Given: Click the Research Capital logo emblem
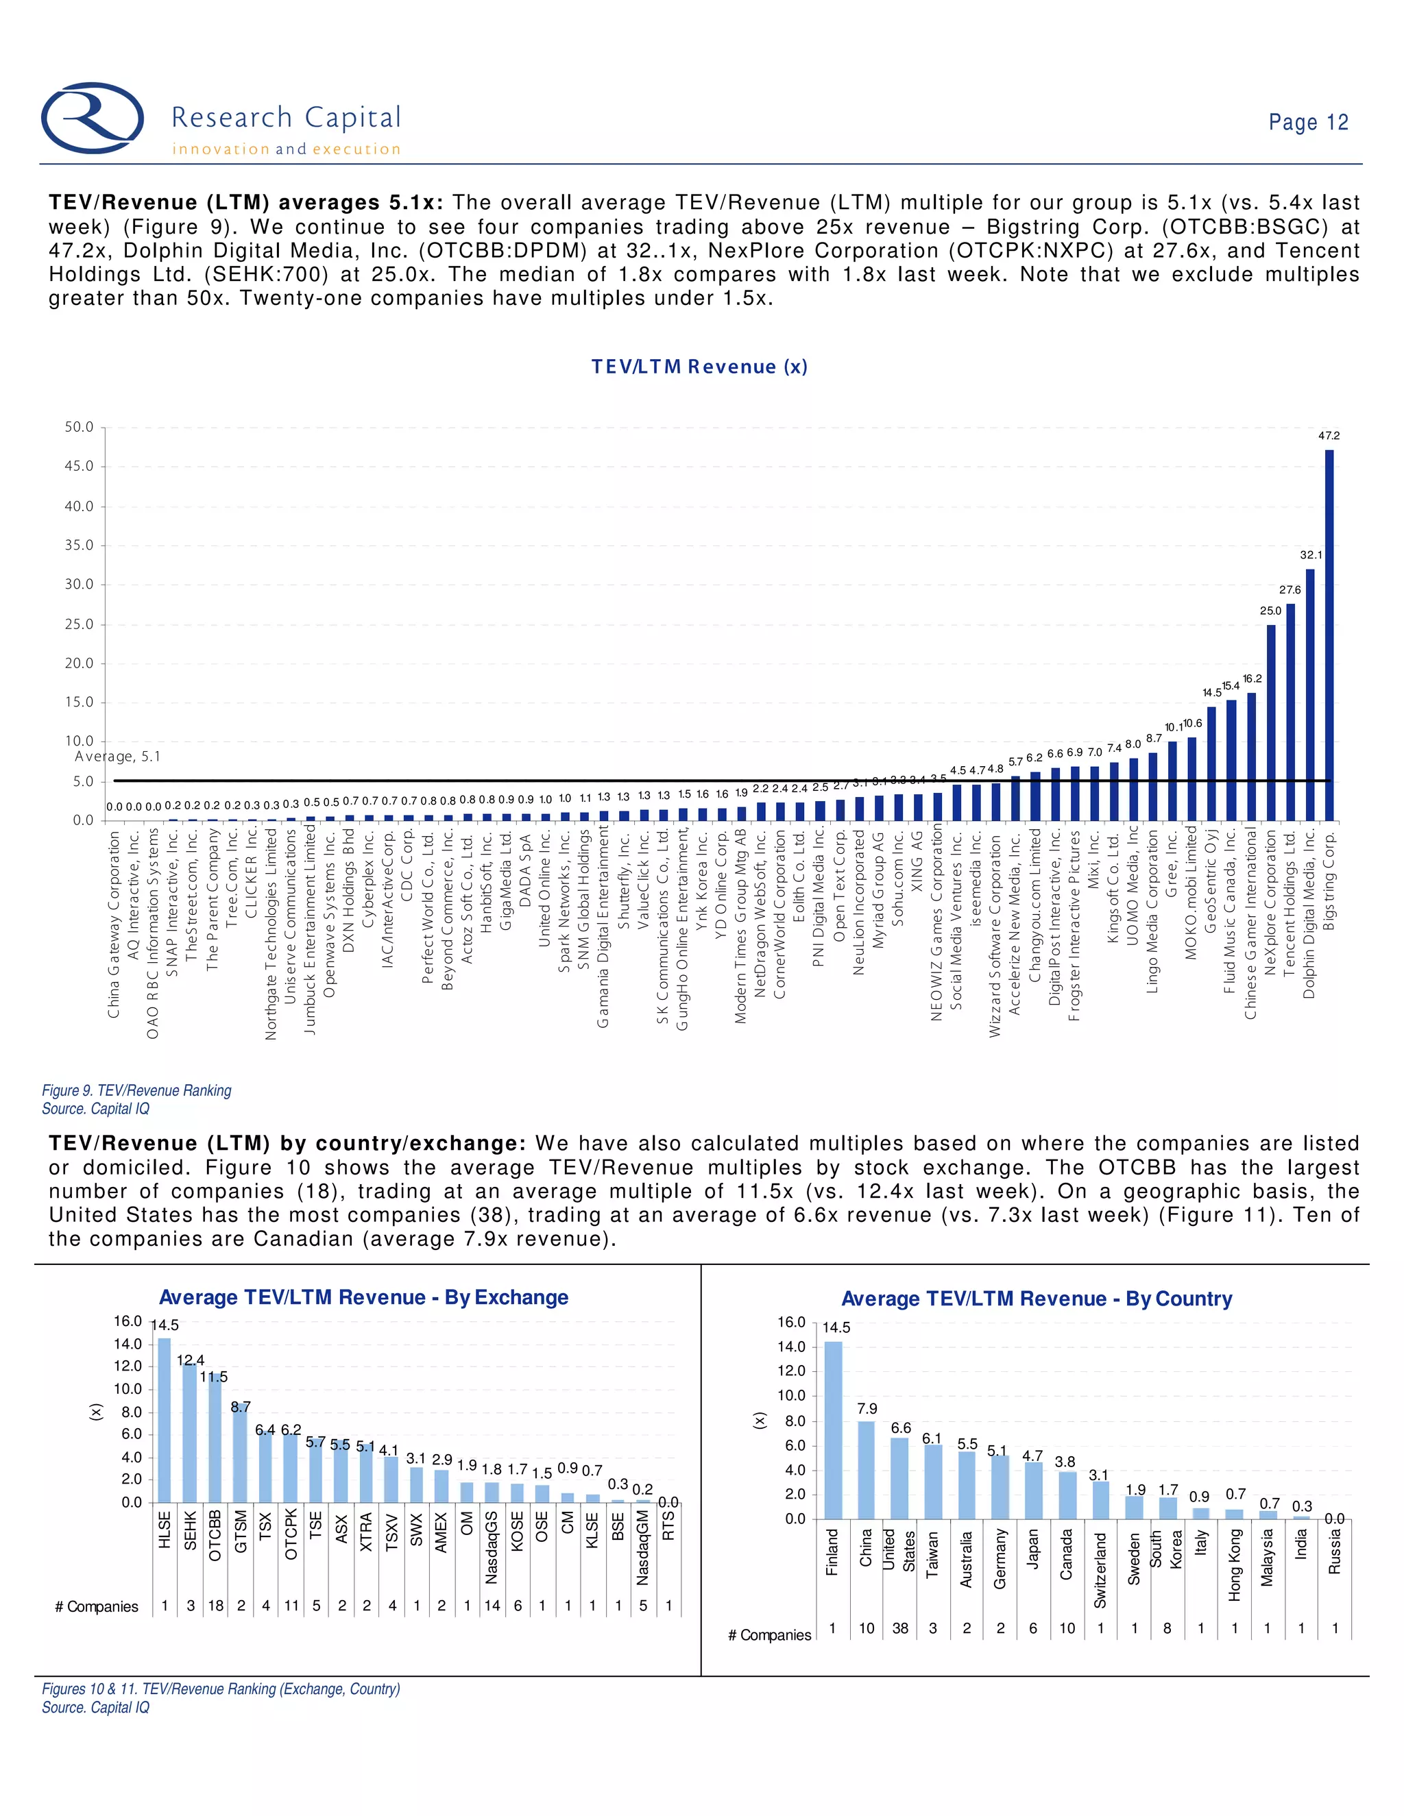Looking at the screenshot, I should [x=93, y=117].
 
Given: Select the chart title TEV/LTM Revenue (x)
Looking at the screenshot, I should [x=699, y=367].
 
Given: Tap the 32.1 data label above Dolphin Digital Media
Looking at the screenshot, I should [x=1311, y=554].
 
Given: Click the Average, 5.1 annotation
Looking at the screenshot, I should [x=117, y=756].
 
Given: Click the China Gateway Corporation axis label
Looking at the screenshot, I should [x=114, y=923].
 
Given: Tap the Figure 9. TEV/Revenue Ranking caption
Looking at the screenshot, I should [x=136, y=1090].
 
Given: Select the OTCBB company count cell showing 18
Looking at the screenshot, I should [x=215, y=1606].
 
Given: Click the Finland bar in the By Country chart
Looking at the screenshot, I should [x=832, y=1430].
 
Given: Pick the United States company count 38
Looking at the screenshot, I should [x=900, y=1628].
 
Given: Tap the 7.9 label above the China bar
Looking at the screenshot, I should [x=867, y=1408].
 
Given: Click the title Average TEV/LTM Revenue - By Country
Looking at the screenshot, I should [x=1037, y=1299].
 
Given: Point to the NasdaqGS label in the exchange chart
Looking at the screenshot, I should [x=492, y=1547].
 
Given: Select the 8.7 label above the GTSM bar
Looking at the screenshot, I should [x=241, y=1407].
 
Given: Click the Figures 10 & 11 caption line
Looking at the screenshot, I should [x=221, y=1689].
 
